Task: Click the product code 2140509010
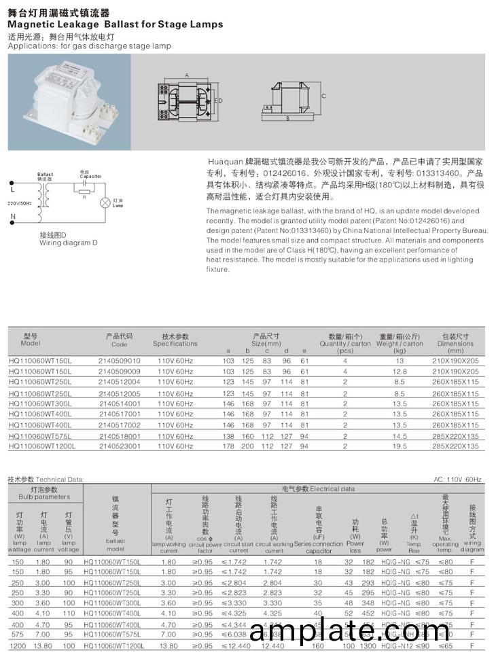pos(120,361)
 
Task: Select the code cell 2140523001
pos(120,446)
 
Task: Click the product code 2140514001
pos(120,404)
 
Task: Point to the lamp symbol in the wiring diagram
pos(105,202)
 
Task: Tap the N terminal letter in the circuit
pos(12,217)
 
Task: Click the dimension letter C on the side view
pos(324,96)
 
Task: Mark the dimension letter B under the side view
pos(288,118)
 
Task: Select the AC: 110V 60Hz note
pos(457,480)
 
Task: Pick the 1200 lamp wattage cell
pos(18,645)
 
